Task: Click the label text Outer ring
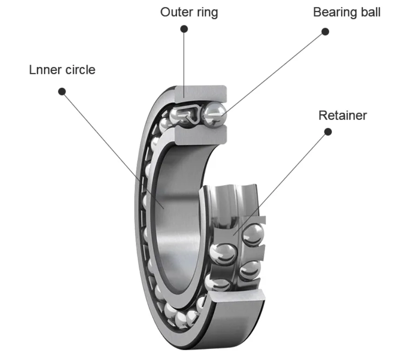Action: (x=189, y=12)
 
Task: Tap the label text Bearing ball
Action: (x=347, y=12)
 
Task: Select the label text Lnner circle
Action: (x=62, y=70)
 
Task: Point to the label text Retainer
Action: (x=342, y=115)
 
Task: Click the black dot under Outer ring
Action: (x=184, y=29)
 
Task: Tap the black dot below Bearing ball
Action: (x=325, y=31)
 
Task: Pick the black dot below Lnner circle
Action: (x=61, y=91)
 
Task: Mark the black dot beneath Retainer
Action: (x=328, y=132)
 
